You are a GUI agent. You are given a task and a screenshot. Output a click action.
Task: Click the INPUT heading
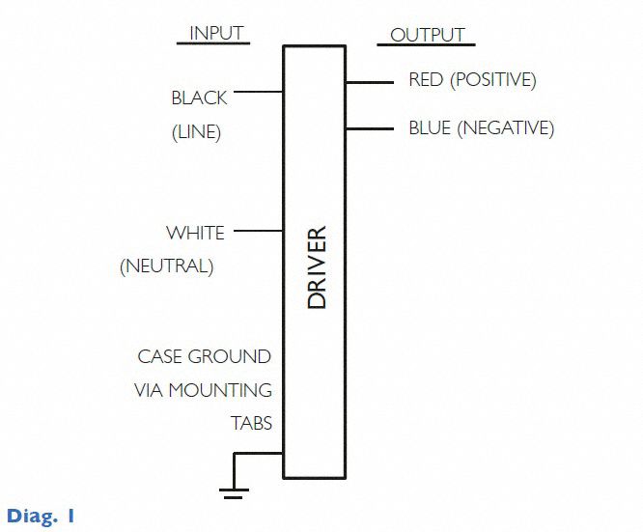pyautogui.click(x=216, y=33)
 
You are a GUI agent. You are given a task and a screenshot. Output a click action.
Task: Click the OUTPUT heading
pyautogui.click(x=427, y=36)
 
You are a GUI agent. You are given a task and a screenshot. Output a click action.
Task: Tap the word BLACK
pyautogui.click(x=199, y=98)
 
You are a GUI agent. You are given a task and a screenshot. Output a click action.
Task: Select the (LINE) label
pyautogui.click(x=196, y=133)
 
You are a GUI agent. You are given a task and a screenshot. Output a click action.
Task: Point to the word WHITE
pyautogui.click(x=195, y=233)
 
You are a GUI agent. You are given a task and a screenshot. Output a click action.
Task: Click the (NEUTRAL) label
pyautogui.click(x=166, y=266)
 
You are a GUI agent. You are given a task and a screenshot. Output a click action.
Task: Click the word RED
pyautogui.click(x=425, y=79)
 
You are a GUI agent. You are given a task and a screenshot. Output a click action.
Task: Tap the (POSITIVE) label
pyautogui.click(x=492, y=79)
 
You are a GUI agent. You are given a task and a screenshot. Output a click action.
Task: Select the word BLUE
pyautogui.click(x=429, y=127)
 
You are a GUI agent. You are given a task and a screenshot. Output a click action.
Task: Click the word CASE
pyautogui.click(x=159, y=356)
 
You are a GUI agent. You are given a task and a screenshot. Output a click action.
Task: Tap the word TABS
pyautogui.click(x=251, y=423)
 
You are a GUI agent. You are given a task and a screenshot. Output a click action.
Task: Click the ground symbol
pyautogui.click(x=233, y=491)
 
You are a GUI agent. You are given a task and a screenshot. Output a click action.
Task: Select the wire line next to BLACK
pyautogui.click(x=258, y=94)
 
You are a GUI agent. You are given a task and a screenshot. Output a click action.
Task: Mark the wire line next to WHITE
pyautogui.click(x=258, y=232)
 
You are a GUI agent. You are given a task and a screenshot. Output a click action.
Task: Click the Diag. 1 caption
pyautogui.click(x=41, y=516)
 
